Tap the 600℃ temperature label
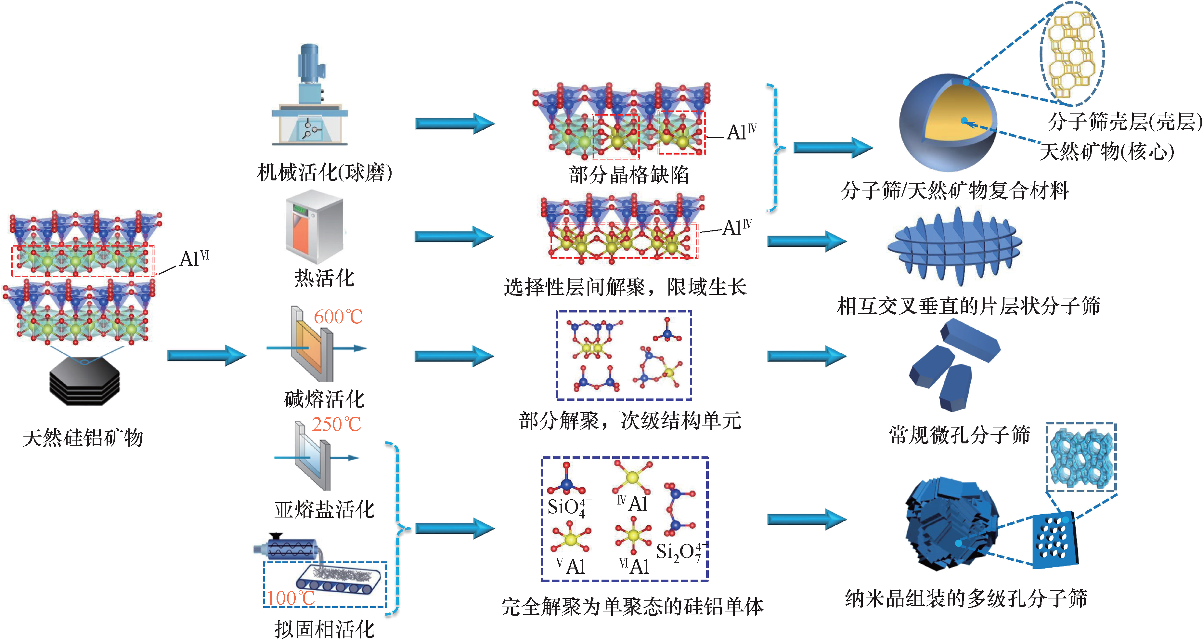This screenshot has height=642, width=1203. tap(338, 317)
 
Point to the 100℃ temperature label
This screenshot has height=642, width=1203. tap(291, 598)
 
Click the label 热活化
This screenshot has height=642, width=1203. tap(324, 279)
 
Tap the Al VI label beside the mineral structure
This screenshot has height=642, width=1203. tap(194, 258)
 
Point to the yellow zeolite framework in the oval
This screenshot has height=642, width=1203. tap(1072, 54)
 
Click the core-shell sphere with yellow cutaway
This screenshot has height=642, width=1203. tap(948, 123)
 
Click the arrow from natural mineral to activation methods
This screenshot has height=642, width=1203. tap(206, 356)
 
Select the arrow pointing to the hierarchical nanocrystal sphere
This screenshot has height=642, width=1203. tap(807, 519)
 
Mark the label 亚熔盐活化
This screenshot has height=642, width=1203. tap(324, 510)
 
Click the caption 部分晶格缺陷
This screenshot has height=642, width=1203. tap(628, 175)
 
